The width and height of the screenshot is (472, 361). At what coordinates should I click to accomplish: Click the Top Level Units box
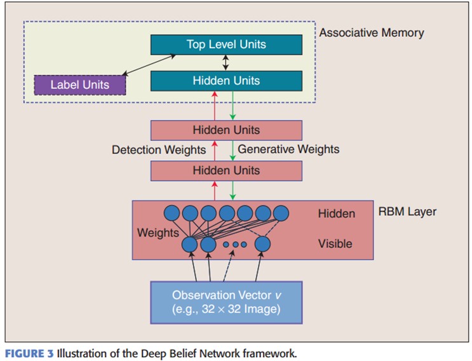pyautogui.click(x=226, y=44)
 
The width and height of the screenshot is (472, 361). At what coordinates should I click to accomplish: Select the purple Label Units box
pyautogui.click(x=79, y=85)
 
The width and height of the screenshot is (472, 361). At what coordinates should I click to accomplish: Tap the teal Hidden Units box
pyautogui.click(x=226, y=81)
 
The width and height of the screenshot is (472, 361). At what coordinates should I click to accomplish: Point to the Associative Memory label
pyautogui.click(x=371, y=32)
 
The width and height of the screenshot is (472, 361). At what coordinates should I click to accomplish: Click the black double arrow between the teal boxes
pyautogui.click(x=226, y=63)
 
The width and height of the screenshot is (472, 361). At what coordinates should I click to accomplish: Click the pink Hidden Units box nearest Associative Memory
pyautogui.click(x=226, y=130)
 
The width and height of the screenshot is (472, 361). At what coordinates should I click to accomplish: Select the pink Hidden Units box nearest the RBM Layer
pyautogui.click(x=226, y=170)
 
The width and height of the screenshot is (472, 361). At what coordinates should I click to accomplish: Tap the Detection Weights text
pyautogui.click(x=159, y=150)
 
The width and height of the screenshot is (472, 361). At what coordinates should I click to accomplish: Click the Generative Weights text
pyautogui.click(x=288, y=149)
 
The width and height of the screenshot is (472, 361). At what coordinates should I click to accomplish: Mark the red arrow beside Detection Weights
pyautogui.click(x=215, y=151)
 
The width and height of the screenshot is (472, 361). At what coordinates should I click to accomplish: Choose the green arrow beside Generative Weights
pyautogui.click(x=233, y=151)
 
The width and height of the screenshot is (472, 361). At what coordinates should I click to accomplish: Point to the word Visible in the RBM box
pyautogui.click(x=335, y=243)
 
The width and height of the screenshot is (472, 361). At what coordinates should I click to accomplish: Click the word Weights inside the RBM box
pyautogui.click(x=158, y=233)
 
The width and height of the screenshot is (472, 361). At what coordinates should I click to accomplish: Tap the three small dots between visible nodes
pyautogui.click(x=234, y=244)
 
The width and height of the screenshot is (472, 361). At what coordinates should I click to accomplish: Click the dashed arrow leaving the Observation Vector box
pyautogui.click(x=229, y=267)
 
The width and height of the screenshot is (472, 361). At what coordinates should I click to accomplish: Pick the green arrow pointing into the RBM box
pyautogui.click(x=233, y=190)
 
